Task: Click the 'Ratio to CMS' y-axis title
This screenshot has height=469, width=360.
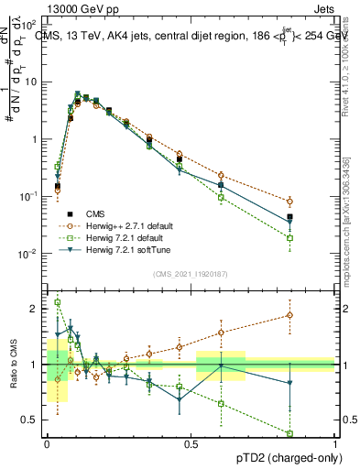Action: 16,365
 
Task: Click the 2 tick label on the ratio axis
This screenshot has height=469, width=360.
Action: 35,309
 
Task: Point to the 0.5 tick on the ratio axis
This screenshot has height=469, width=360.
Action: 31,420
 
